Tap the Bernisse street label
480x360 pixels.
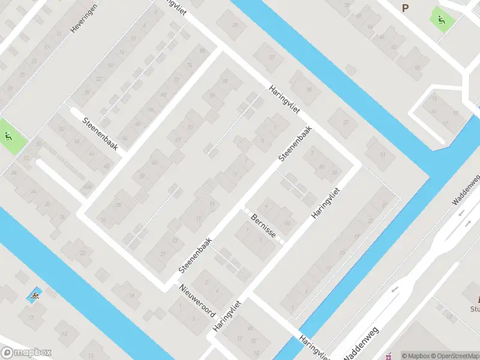(x=263, y=225)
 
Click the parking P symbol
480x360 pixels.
(x=406, y=8)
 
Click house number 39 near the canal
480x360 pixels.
(x=235, y=25)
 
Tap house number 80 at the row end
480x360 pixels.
(x=202, y=50)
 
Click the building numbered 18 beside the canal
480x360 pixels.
(x=131, y=295)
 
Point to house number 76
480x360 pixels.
(x=190, y=65)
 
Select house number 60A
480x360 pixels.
(x=88, y=187)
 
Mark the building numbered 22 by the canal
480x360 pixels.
(x=82, y=252)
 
